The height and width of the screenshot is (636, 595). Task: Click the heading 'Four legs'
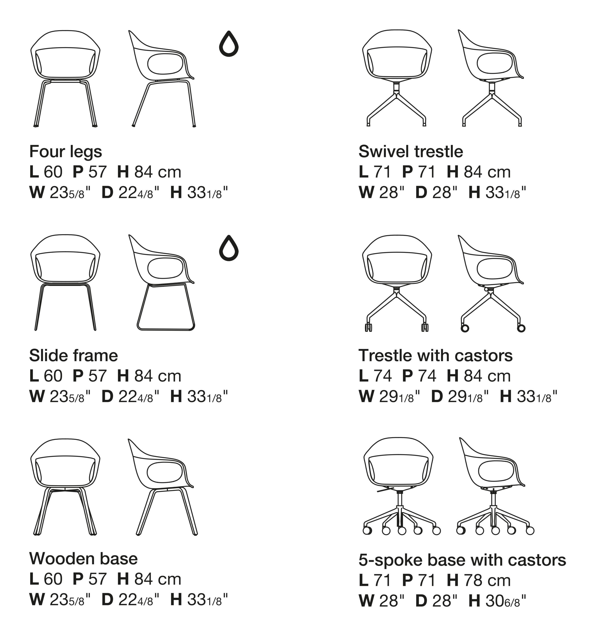(66, 152)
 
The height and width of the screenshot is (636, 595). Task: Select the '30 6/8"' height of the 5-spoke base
(505, 601)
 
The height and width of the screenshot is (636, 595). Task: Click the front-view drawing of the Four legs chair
(65, 79)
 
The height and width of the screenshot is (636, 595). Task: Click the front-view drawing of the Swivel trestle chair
(397, 78)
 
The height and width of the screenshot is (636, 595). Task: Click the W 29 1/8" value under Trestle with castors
(389, 396)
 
